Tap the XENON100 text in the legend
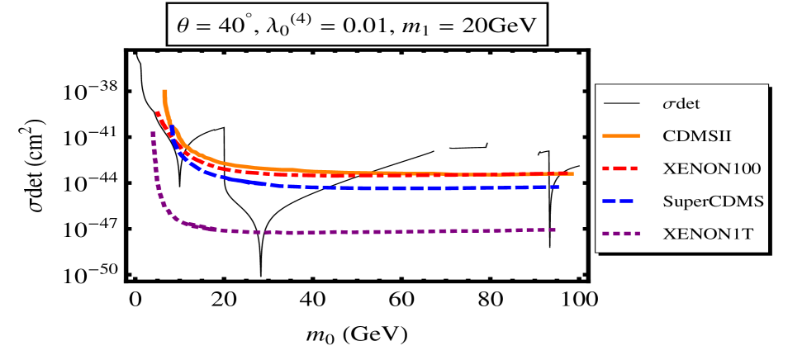[x=711, y=168]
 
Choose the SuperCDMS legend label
[x=713, y=201]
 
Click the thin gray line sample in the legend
[x=622, y=104]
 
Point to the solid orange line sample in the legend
[x=622, y=136]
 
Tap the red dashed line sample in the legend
[x=622, y=168]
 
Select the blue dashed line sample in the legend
[x=622, y=201]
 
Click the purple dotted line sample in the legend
[x=622, y=234]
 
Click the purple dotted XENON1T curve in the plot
[x=372, y=232]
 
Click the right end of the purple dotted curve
[x=556, y=230]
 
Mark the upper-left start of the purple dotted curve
[x=153, y=132]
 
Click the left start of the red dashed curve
[x=156, y=111]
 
